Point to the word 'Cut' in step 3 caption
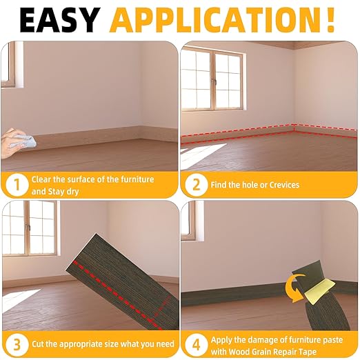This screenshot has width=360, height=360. pos(39,343)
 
